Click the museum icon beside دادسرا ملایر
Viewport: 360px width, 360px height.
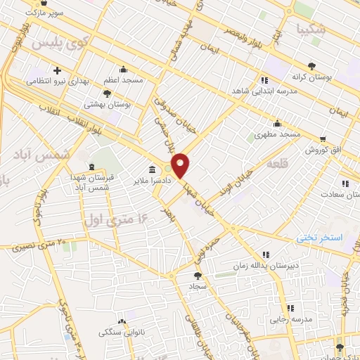click(153, 169)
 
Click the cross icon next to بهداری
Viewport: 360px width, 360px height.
click(56, 70)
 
